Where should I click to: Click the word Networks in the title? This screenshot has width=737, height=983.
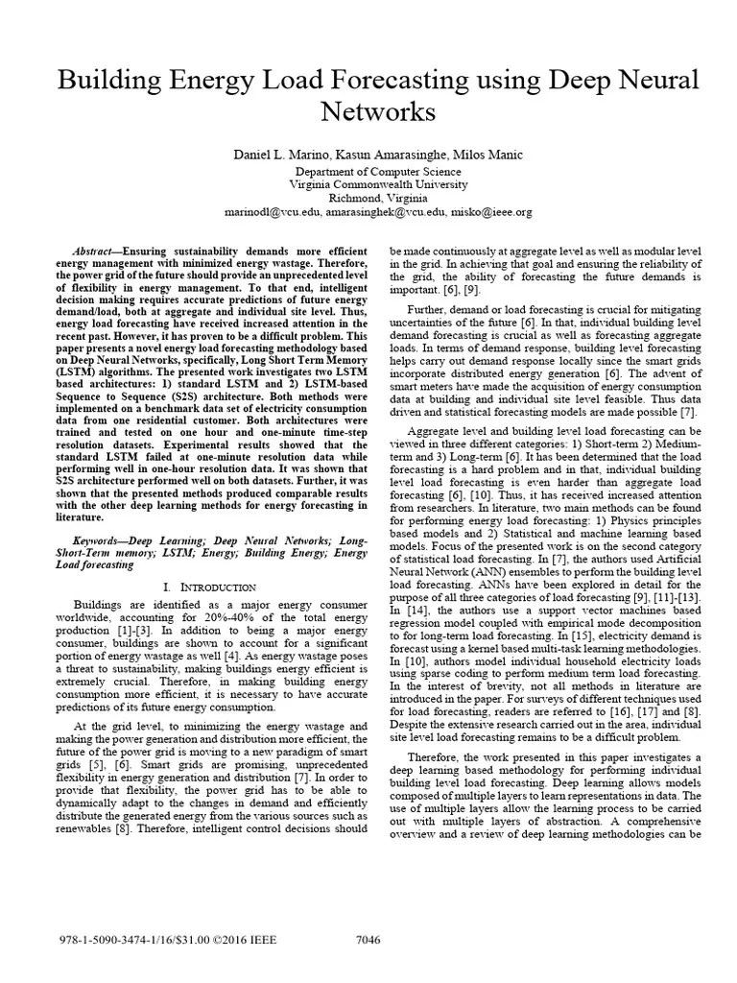pyautogui.click(x=368, y=114)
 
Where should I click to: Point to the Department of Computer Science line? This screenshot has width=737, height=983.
pyautogui.click(x=368, y=170)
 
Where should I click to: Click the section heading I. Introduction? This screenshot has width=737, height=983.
pyautogui.click(x=209, y=586)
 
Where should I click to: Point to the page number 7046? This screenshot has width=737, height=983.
pyautogui.click(x=368, y=940)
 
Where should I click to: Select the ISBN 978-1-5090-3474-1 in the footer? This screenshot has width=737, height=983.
pyautogui.click(x=99, y=940)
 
